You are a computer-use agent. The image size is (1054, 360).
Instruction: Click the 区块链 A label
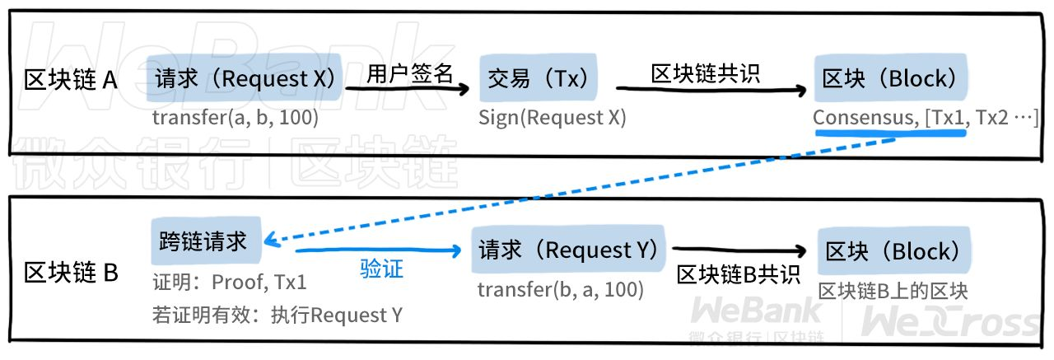(x=71, y=81)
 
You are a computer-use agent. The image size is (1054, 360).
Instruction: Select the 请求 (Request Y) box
(x=568, y=250)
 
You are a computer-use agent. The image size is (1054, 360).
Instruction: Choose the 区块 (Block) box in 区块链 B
(x=894, y=251)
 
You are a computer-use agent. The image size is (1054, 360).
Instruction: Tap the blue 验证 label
(x=382, y=269)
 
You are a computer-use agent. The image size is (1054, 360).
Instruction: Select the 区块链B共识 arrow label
(x=739, y=275)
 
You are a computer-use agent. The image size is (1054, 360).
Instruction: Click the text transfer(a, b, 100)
(x=236, y=118)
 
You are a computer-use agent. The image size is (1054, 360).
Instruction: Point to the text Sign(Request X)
(x=553, y=118)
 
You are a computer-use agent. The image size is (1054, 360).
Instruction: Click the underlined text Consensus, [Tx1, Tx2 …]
(x=926, y=118)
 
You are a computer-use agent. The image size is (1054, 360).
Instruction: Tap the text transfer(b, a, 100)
(x=561, y=289)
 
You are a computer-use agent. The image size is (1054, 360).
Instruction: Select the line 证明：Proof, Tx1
(x=230, y=283)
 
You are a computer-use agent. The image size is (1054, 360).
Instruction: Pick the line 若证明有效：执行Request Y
(x=277, y=315)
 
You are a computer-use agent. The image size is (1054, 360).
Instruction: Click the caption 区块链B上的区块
(x=893, y=291)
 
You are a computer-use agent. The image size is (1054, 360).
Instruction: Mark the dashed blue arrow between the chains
(x=576, y=190)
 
